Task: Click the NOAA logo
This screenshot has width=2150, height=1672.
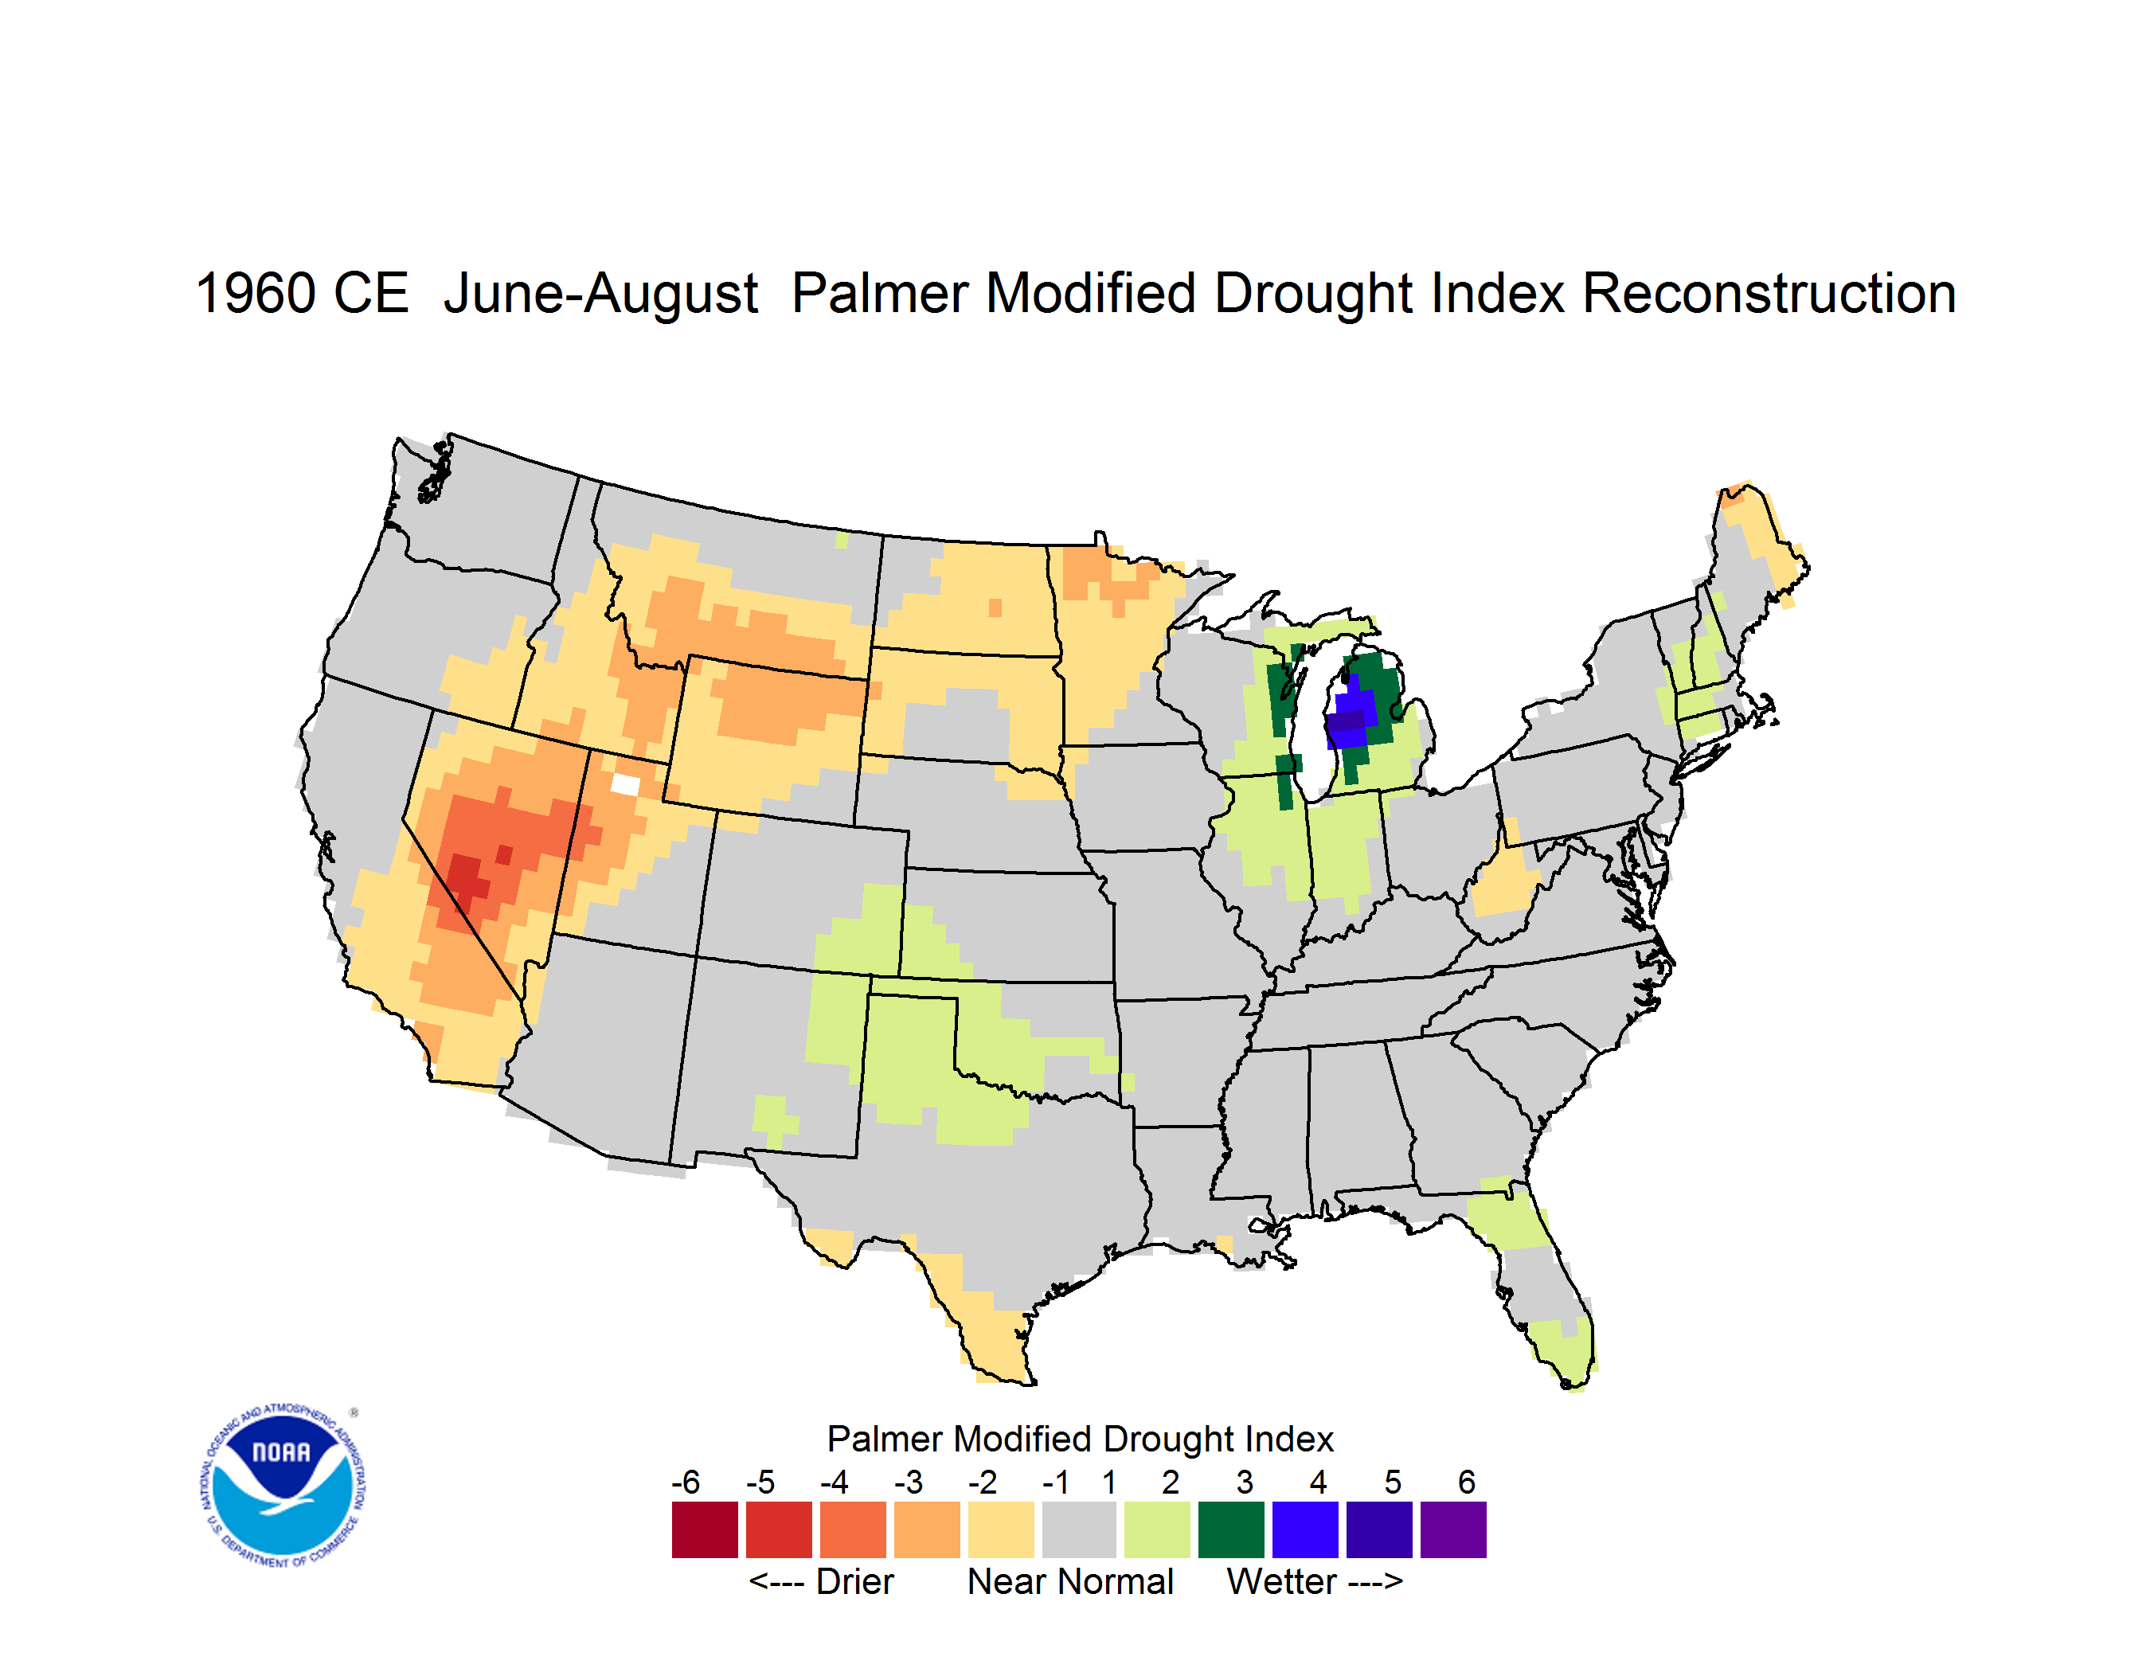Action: click(x=283, y=1486)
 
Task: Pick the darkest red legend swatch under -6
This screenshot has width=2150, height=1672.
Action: click(x=705, y=1529)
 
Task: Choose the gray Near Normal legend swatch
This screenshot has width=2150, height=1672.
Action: click(x=1079, y=1529)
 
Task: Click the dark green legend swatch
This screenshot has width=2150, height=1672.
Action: click(x=1230, y=1529)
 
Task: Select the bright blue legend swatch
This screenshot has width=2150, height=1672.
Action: click(x=1305, y=1529)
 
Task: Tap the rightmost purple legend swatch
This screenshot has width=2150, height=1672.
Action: click(x=1453, y=1529)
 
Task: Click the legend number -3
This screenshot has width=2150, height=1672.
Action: click(x=908, y=1482)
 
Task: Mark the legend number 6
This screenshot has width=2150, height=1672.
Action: click(x=1467, y=1482)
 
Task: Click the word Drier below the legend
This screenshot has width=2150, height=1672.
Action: click(x=854, y=1581)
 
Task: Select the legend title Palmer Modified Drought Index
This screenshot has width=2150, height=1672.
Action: click(x=1080, y=1439)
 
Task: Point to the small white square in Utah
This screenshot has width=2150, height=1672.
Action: click(x=625, y=784)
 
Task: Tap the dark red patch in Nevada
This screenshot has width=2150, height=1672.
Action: click(x=467, y=876)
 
